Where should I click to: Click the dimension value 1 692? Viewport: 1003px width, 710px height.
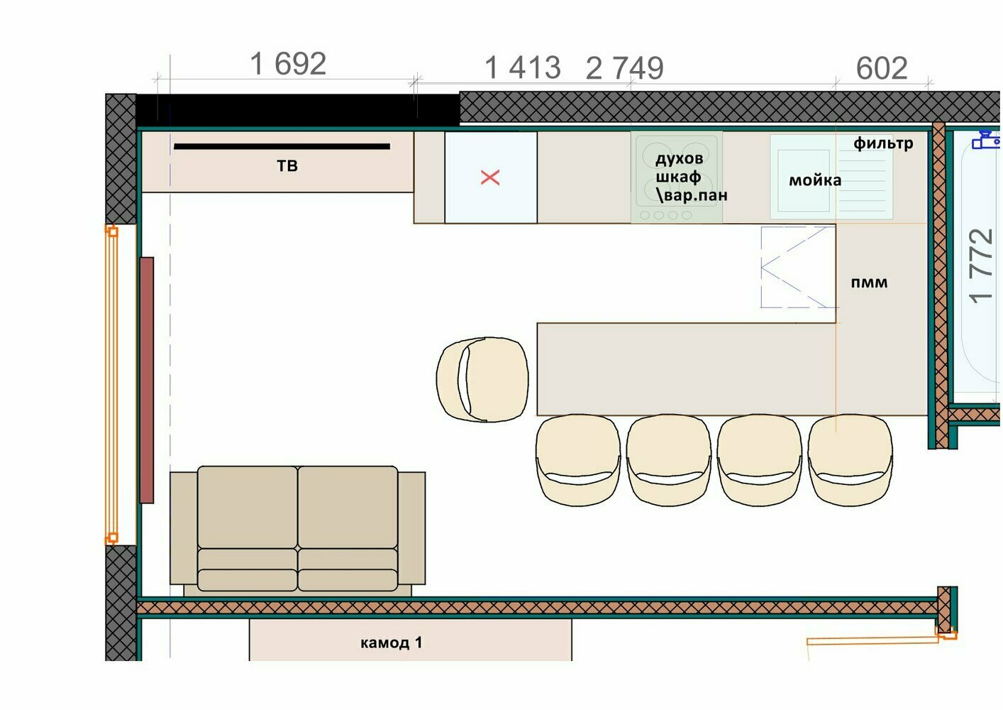288,64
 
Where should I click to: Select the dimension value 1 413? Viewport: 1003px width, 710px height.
523,67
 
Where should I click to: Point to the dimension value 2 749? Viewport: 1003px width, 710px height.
625,68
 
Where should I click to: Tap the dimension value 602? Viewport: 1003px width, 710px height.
882,68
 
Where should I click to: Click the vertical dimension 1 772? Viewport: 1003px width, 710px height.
980,266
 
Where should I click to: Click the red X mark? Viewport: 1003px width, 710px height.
490,177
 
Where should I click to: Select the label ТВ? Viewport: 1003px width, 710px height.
287,166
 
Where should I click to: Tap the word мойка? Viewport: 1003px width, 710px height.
815,180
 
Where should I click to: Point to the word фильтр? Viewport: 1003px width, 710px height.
883,143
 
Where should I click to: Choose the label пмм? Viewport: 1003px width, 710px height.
869,283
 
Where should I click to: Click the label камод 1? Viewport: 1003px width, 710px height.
392,643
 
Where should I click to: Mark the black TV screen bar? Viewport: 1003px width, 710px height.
282,146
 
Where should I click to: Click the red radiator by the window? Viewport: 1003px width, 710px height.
147,380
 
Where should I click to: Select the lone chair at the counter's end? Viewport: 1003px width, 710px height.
482,379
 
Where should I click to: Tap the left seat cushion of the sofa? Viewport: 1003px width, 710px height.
247,507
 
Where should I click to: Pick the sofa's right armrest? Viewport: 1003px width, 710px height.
411,528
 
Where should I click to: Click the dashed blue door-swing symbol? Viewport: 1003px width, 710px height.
799,267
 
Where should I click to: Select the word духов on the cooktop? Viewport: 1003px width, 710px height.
680,158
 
